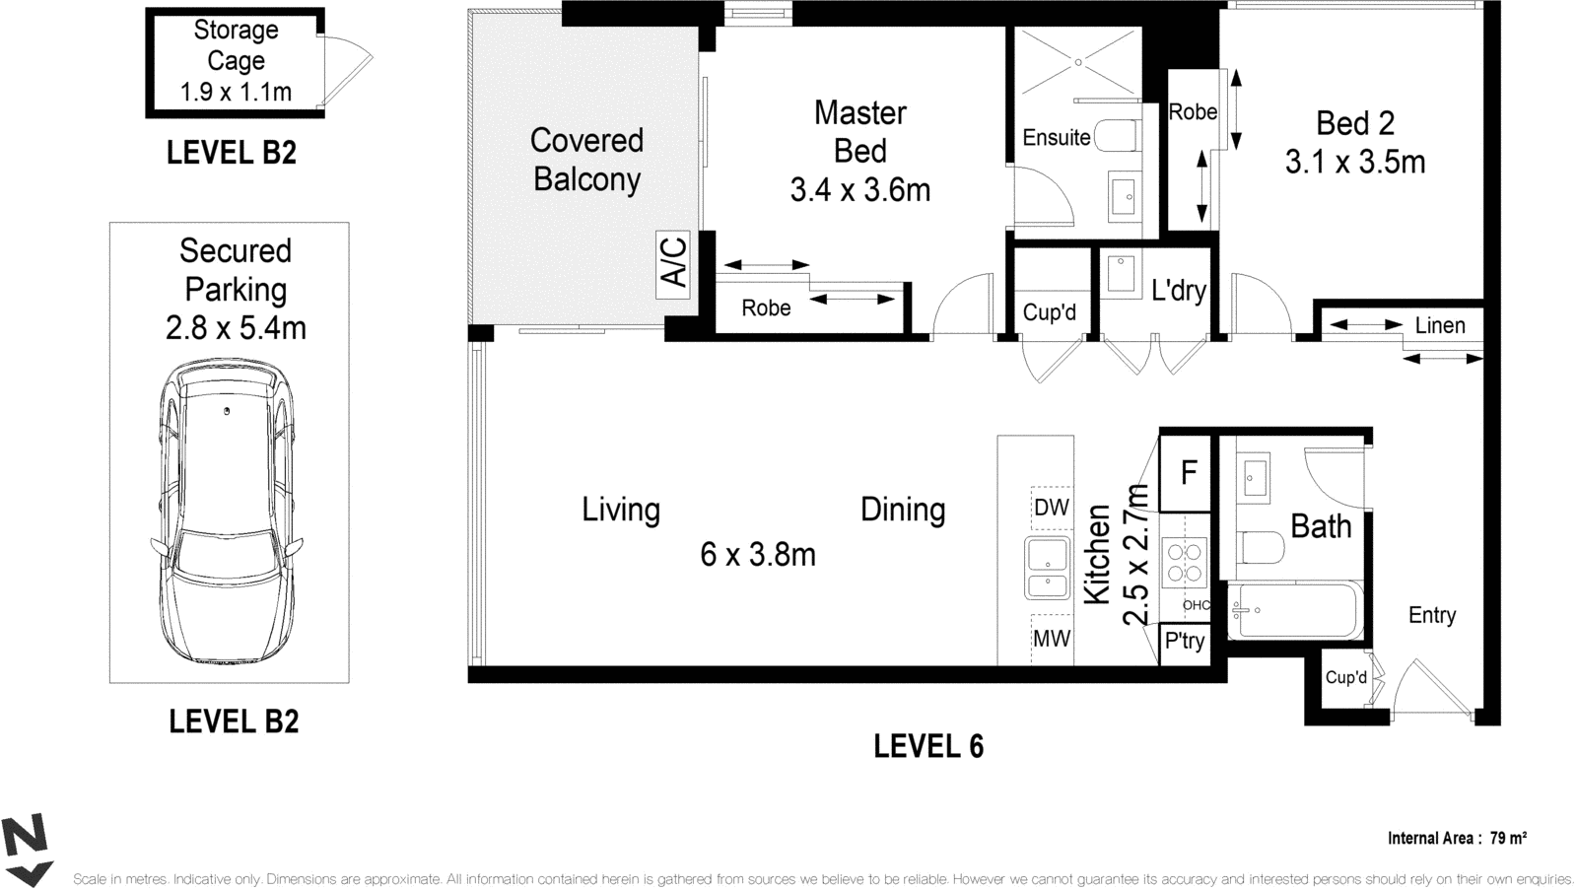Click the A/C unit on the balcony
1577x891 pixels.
[673, 264]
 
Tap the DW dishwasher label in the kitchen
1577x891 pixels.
[1052, 508]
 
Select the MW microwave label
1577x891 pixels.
[1052, 639]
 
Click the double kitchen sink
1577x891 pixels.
[1048, 568]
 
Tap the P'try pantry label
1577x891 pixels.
[1185, 642]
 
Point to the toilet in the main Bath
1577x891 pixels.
[1261, 548]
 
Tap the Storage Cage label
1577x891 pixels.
[236, 45]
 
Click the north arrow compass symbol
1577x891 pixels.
[27, 852]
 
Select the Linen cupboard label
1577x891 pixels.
[1440, 326]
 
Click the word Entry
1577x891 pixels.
[1432, 615]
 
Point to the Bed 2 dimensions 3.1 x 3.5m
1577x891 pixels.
[1355, 163]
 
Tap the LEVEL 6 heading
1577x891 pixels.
[928, 747]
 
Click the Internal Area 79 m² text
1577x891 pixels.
[1457, 838]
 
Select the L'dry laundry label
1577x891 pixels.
[1179, 290]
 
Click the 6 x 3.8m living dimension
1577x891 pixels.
[758, 555]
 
